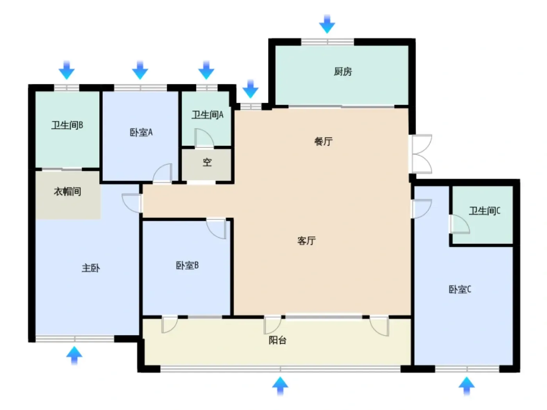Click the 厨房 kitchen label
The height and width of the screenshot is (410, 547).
tap(343, 71)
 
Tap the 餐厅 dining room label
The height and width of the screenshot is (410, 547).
tap(323, 141)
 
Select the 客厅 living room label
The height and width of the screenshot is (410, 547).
tap(306, 241)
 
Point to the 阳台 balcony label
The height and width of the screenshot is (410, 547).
tap(277, 340)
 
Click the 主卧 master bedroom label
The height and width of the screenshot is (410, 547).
tap(91, 268)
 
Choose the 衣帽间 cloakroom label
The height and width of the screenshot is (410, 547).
tap(67, 191)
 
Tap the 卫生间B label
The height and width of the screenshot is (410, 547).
tap(67, 125)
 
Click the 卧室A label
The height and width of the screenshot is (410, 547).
tap(141, 132)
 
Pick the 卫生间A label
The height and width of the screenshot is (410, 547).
tap(207, 115)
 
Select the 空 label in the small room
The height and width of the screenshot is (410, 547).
tap(207, 162)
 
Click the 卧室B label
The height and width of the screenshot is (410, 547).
tap(187, 266)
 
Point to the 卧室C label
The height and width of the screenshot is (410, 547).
tap(460, 289)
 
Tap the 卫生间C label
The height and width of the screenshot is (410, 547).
tap(484, 211)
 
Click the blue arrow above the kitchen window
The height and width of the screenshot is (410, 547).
tap(327, 24)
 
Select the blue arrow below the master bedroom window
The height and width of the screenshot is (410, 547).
tap(74, 355)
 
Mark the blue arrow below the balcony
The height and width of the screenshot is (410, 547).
tap(280, 386)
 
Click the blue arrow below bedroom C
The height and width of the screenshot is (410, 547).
tap(467, 386)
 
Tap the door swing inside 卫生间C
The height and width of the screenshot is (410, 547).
tap(460, 224)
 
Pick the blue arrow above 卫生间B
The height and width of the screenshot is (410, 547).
tap(66, 70)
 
